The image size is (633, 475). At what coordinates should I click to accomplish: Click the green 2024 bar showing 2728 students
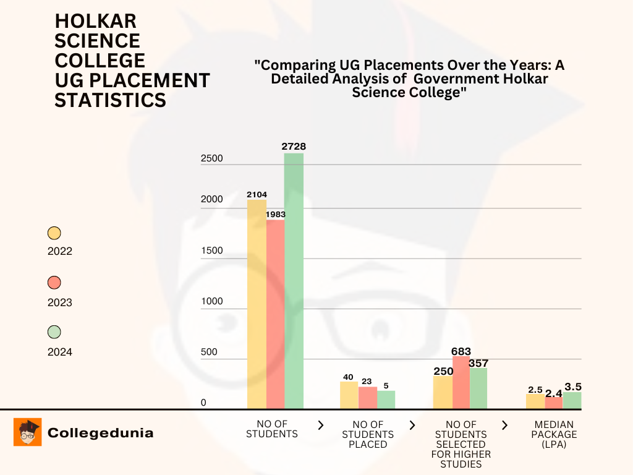[x=294, y=281]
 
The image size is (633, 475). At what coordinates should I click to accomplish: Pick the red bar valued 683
[x=461, y=382]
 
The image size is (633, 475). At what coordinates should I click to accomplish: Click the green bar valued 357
[x=478, y=388]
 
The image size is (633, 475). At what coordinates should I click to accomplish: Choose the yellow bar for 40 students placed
[x=349, y=395]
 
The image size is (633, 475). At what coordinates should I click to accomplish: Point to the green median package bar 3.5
[x=572, y=400]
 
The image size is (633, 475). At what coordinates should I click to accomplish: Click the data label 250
[x=443, y=371]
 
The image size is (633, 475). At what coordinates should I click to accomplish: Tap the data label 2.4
[x=553, y=392]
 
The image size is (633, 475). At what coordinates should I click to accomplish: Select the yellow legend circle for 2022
[x=54, y=233]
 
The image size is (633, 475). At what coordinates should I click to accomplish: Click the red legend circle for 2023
[x=54, y=283]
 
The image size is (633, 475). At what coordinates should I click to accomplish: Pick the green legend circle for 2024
[x=54, y=332]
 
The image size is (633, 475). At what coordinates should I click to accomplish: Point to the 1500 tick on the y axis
[x=212, y=250]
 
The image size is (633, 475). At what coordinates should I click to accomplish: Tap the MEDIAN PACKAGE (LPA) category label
[x=554, y=434]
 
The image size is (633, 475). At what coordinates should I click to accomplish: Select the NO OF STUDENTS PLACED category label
[x=368, y=434]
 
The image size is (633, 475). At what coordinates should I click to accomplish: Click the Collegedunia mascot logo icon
[x=28, y=432]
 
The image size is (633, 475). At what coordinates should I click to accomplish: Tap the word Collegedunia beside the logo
[x=100, y=433]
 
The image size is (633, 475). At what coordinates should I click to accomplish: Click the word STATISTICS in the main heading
[x=110, y=100]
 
